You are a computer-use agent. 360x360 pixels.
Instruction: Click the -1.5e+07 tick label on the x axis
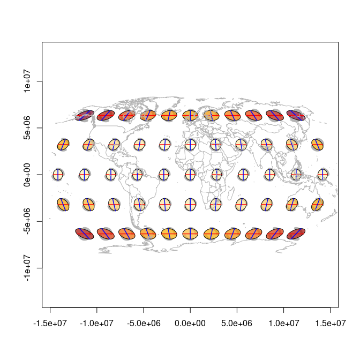coord(50,323)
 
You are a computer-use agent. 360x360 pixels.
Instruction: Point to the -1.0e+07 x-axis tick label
coord(96,323)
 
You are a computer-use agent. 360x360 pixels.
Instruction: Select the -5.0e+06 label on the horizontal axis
coord(143,323)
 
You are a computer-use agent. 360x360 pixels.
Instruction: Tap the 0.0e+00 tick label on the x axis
coord(190,323)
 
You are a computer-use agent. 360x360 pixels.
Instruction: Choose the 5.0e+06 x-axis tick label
coord(237,323)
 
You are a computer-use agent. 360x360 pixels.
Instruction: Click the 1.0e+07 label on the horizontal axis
coord(283,323)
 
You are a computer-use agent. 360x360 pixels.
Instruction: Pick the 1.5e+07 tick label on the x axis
coord(330,323)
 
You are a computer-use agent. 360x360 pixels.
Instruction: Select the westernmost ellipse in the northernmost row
coord(85,115)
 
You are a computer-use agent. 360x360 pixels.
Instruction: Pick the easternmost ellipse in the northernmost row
coord(296,115)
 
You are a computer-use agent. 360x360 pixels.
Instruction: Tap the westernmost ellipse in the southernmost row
coord(85,234)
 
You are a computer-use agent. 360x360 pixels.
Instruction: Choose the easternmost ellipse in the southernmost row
coord(296,234)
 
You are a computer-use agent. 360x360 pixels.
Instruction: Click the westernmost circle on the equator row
coord(58,175)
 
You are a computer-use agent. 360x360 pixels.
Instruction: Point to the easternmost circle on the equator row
coord(322,175)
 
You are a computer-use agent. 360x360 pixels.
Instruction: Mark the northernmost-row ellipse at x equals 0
coord(190,115)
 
